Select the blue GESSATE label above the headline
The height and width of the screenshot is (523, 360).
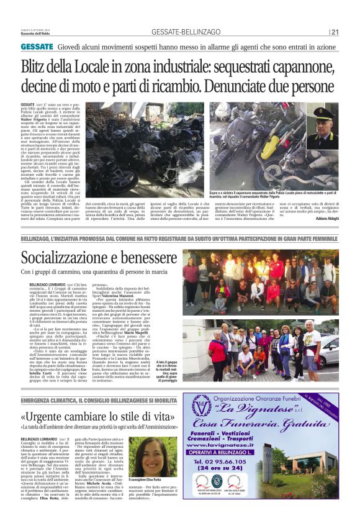[x=37, y=47]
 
